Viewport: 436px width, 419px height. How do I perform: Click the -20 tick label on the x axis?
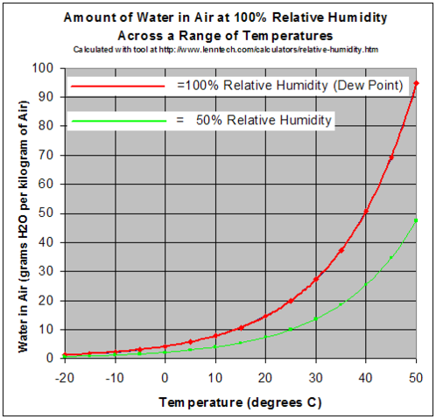(63, 376)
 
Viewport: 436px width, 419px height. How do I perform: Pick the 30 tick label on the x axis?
(315, 376)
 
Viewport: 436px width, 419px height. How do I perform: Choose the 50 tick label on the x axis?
(416, 376)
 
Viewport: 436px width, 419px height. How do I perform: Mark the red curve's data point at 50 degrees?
(416, 83)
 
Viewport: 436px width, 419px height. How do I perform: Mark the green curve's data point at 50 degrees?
(416, 220)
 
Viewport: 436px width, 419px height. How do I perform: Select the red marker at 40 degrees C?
(366, 211)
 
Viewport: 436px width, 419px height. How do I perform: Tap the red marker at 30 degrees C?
(315, 279)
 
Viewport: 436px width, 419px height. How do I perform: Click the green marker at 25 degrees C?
(291, 329)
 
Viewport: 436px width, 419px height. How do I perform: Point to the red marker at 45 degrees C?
(391, 157)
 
